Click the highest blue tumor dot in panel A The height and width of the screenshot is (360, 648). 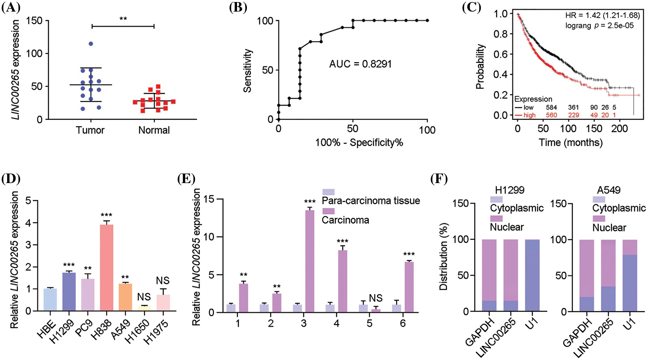click(x=91, y=44)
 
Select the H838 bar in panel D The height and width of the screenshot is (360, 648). click(x=106, y=268)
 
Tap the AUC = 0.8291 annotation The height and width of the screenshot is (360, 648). click(x=360, y=64)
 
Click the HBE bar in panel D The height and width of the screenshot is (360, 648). click(x=50, y=300)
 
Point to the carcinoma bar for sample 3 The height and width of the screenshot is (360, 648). click(x=310, y=261)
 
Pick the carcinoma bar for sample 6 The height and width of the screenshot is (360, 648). click(x=409, y=287)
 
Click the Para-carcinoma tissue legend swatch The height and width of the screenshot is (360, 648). click(x=328, y=192)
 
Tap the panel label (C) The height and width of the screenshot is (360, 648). click(x=471, y=7)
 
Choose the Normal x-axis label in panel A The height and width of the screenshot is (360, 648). click(x=154, y=130)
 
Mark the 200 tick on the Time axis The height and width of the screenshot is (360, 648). click(x=619, y=129)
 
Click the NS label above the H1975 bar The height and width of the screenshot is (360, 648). click(x=163, y=281)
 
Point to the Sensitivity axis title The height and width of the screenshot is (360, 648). click(x=248, y=71)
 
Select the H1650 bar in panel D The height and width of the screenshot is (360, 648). click(x=144, y=308)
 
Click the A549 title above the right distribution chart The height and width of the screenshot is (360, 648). click(x=608, y=190)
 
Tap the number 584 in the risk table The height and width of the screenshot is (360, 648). click(x=551, y=107)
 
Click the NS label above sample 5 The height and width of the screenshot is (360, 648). click(x=375, y=298)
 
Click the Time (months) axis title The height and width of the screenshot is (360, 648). click(x=571, y=142)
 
